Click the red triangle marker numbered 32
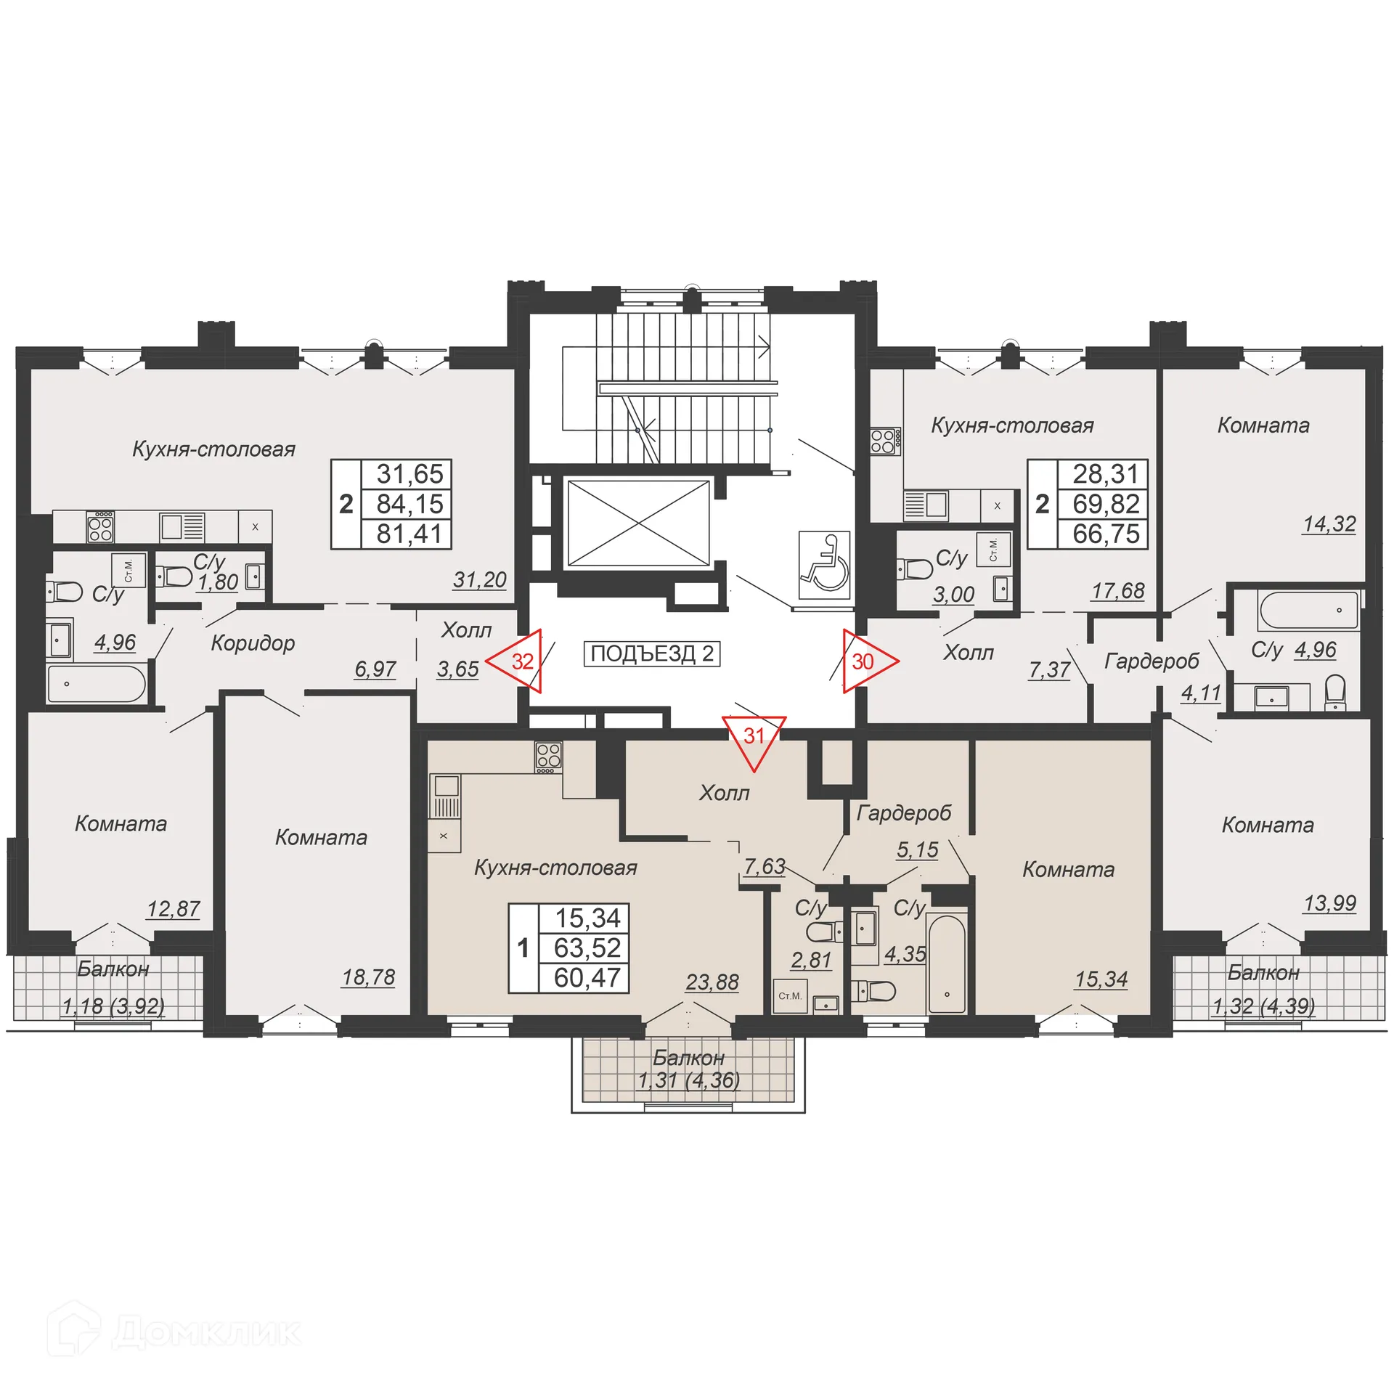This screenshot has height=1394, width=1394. (517, 661)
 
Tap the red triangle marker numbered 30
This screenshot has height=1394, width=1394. (867, 661)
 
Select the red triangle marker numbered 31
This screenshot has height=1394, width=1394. (754, 739)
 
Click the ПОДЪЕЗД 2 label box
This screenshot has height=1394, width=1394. (651, 653)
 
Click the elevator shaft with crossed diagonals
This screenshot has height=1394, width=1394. (637, 522)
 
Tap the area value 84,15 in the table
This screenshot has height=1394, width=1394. (409, 504)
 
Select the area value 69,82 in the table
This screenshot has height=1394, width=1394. (1106, 504)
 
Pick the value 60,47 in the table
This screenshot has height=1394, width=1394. (587, 977)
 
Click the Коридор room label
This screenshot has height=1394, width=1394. (253, 643)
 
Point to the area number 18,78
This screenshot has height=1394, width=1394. (368, 977)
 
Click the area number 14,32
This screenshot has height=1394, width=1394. (1329, 523)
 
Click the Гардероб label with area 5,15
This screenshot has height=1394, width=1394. (903, 812)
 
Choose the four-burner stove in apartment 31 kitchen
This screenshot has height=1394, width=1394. (548, 757)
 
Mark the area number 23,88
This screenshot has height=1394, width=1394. (712, 982)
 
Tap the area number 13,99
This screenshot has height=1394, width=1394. (1329, 903)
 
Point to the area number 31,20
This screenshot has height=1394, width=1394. (479, 579)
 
